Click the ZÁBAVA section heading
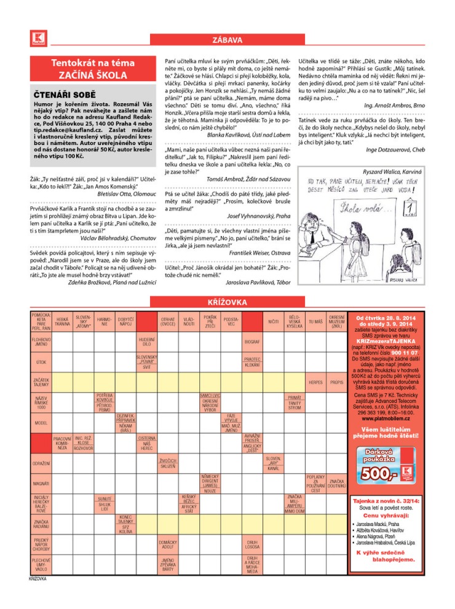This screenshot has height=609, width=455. pyautogui.click(x=227, y=41)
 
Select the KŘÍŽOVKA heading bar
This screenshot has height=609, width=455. pyautogui.click(x=227, y=303)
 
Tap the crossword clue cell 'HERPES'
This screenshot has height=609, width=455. pyautogui.click(x=316, y=382)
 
